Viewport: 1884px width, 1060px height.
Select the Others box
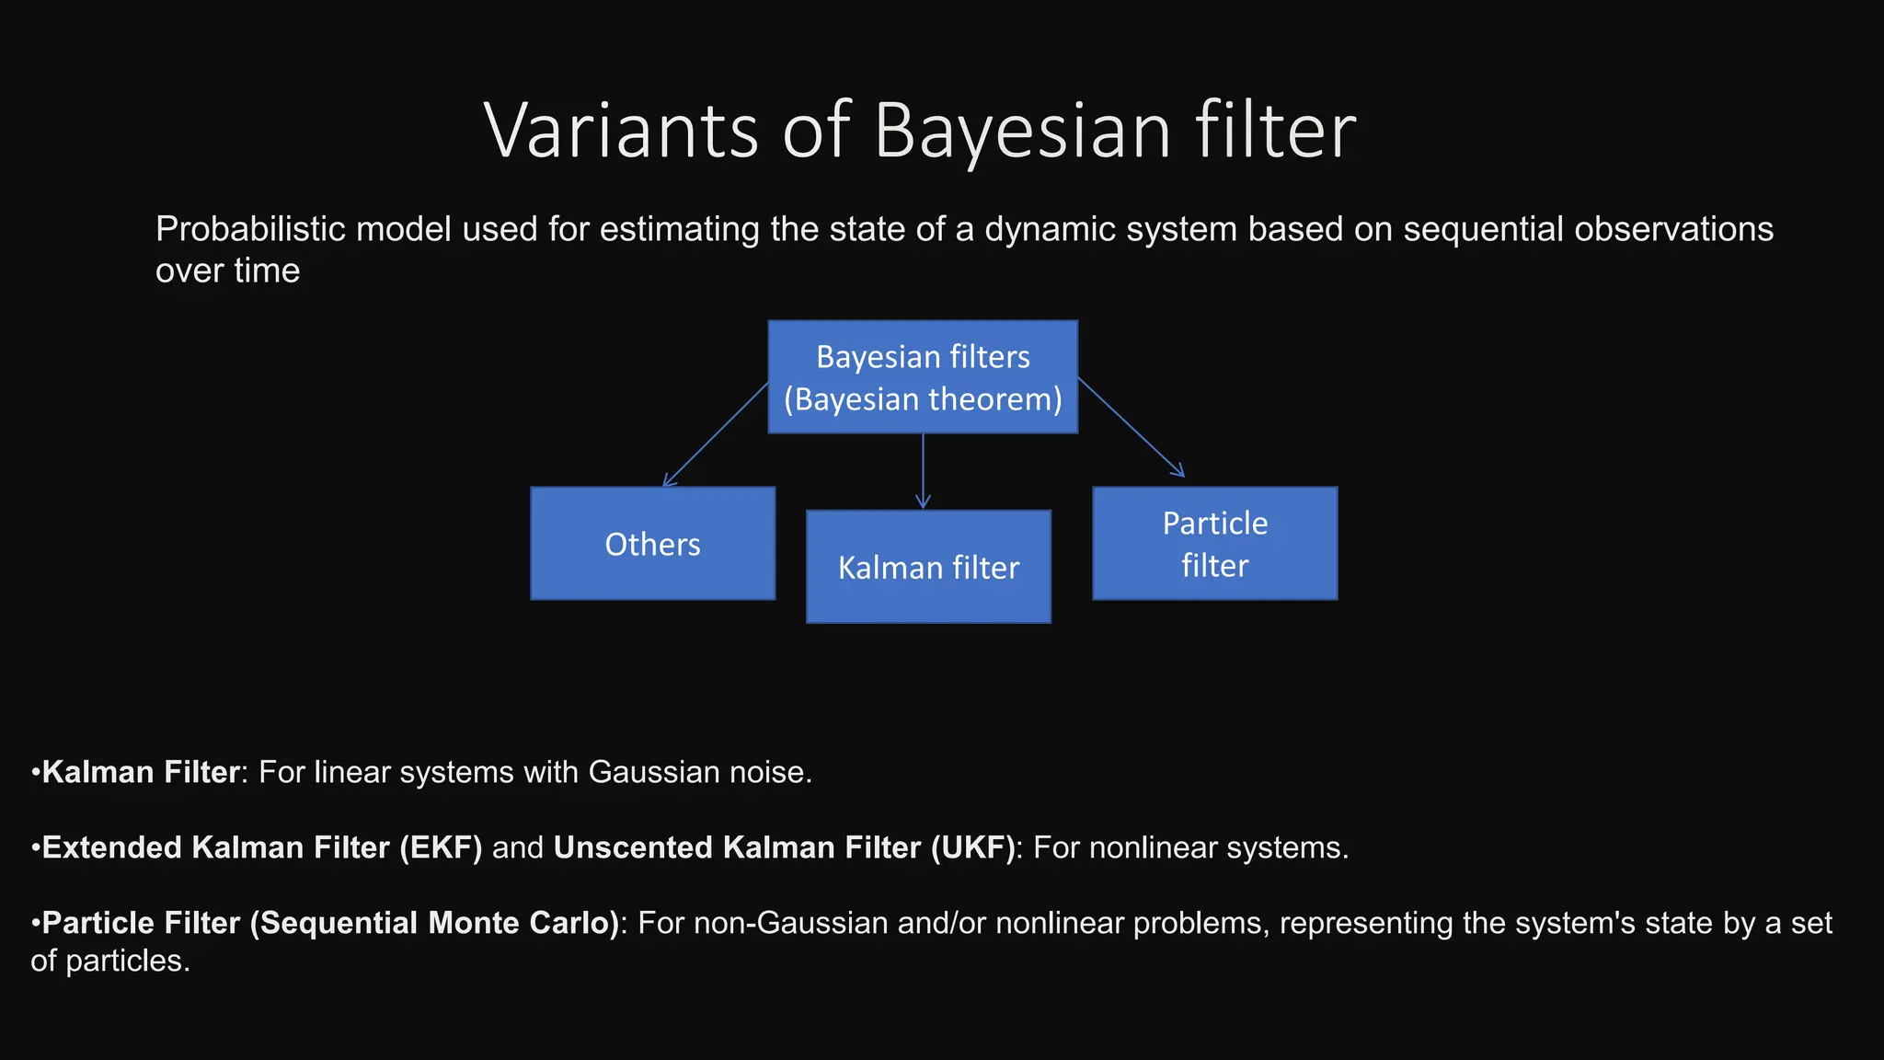pyautogui.click(x=652, y=544)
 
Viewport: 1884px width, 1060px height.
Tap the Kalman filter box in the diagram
pyautogui.click(x=928, y=567)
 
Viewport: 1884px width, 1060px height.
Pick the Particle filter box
pyautogui.click(x=1214, y=544)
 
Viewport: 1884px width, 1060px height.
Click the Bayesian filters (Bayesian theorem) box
pyautogui.click(x=923, y=377)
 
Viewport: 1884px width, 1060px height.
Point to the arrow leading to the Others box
pyautogui.click(x=716, y=434)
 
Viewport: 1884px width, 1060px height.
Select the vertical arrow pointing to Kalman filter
pyautogui.click(x=923, y=471)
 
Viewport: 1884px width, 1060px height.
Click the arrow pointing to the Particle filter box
pyautogui.click(x=1131, y=427)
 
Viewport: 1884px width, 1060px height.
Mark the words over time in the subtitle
pyautogui.click(x=227, y=271)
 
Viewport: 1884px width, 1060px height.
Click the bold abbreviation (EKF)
pyautogui.click(x=441, y=847)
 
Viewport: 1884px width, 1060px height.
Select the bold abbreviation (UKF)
pyautogui.click(x=971, y=847)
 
